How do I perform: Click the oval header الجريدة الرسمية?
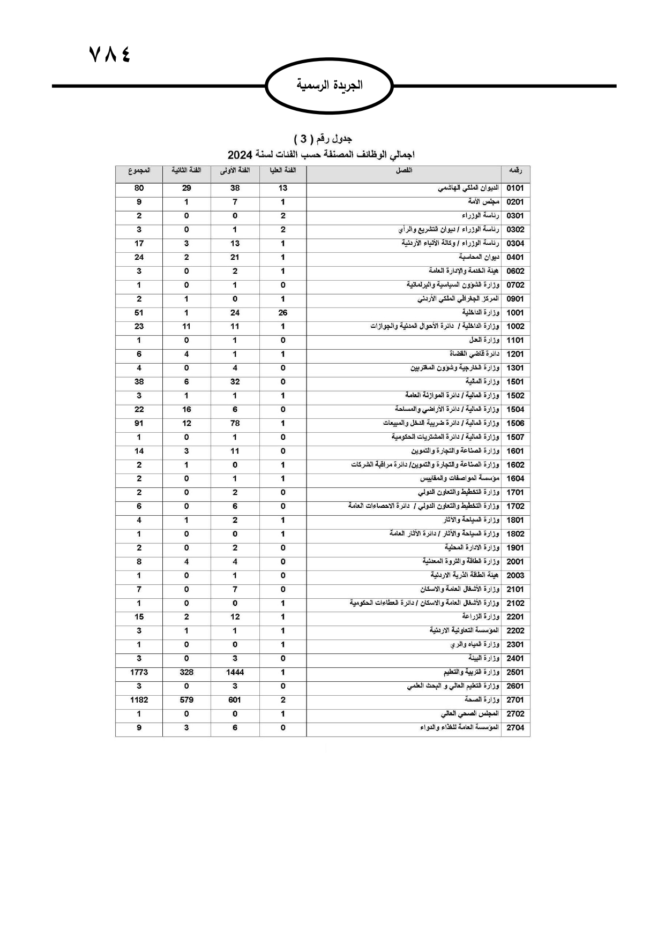pos(330,85)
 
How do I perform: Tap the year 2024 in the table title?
pos(240,155)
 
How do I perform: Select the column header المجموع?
pos(139,170)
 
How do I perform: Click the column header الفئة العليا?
pos(283,170)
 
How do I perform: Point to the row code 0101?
pos(515,188)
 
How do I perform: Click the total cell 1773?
pos(139,672)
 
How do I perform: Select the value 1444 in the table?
pos(235,672)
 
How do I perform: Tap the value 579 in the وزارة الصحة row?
pos(186,700)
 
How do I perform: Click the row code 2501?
pos(515,672)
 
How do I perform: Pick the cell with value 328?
pos(186,672)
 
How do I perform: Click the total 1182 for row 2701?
pos(139,700)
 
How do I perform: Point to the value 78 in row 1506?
pos(235,423)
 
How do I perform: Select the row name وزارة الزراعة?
pos(481,616)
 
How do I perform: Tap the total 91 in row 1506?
pos(139,423)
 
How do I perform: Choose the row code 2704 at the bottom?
pos(515,728)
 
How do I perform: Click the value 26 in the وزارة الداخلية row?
pos(283,313)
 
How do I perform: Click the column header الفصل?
pos(404,170)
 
